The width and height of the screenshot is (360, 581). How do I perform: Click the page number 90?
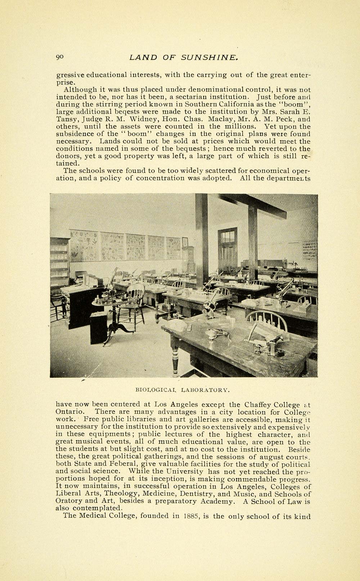coord(60,57)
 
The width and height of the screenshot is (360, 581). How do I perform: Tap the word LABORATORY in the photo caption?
coord(205,389)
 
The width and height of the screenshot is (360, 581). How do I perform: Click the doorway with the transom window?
coord(228,252)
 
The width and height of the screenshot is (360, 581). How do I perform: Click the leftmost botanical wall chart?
coord(84,246)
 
